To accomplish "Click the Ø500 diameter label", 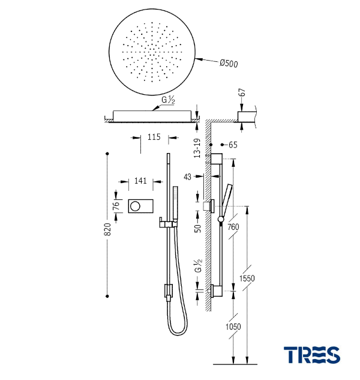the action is (x=229, y=64).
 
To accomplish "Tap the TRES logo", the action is (x=312, y=355).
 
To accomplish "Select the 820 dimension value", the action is (x=107, y=229).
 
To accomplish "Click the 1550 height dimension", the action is (x=247, y=278).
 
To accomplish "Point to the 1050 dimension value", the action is (x=233, y=327).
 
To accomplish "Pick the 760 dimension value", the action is (x=233, y=227).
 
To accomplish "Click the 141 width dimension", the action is (x=140, y=181).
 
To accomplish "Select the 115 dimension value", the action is (x=154, y=137).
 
